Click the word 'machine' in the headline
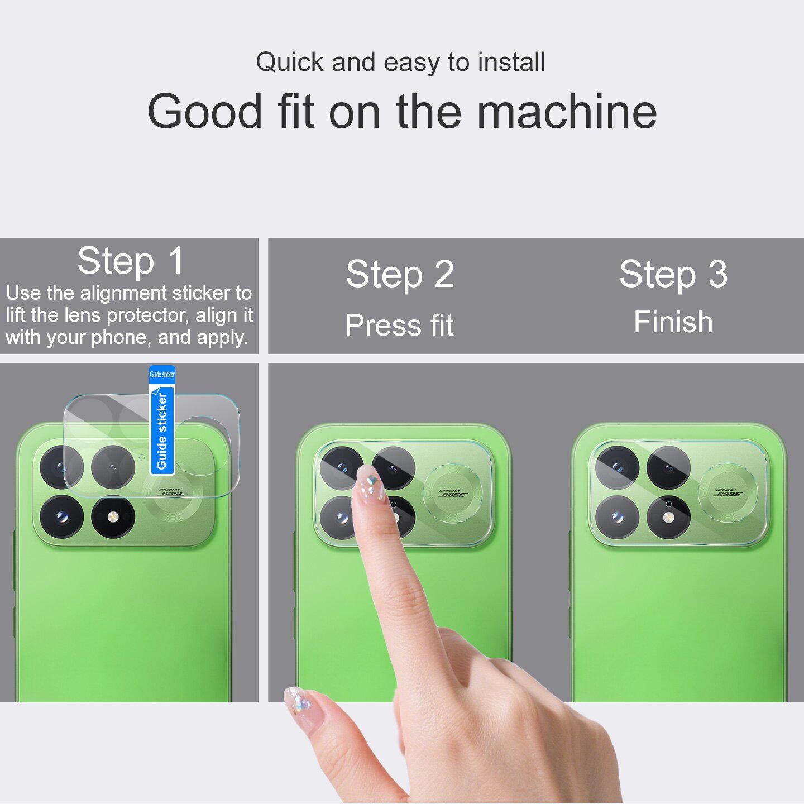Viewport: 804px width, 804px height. tap(567, 112)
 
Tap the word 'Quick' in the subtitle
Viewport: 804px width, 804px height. tap(290, 63)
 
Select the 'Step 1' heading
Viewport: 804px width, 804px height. tap(131, 261)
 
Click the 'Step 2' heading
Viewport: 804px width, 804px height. tap(400, 274)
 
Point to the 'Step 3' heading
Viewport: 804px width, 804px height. tap(673, 274)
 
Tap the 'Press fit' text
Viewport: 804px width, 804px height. tap(399, 325)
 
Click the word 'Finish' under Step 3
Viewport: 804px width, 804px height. tap(673, 322)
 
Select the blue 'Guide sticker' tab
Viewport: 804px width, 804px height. tap(162, 420)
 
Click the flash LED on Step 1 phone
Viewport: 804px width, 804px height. tap(113, 518)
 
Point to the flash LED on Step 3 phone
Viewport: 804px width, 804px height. tap(668, 518)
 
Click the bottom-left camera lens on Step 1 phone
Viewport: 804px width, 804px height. tap(62, 518)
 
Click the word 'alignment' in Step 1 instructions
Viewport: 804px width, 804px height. tap(123, 293)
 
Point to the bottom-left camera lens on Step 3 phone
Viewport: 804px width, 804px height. tap(617, 518)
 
